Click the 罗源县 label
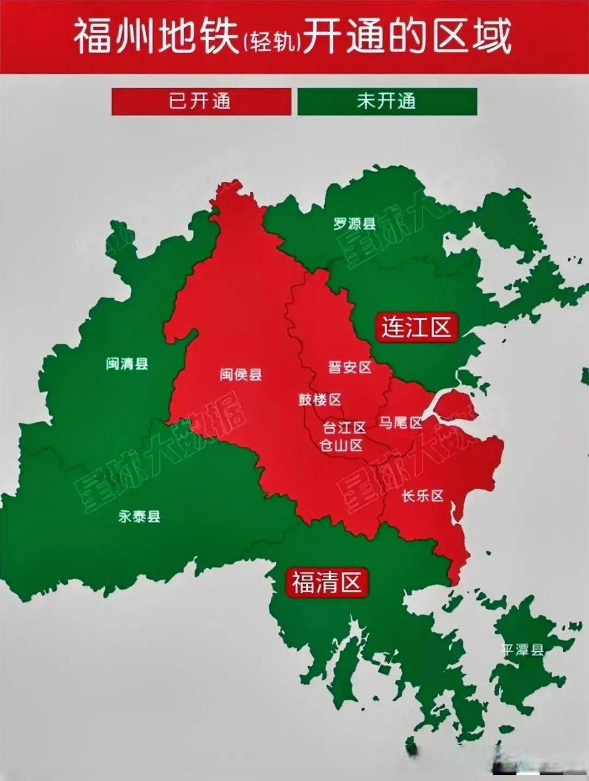point(354,223)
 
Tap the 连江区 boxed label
point(416,327)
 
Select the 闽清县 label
point(127,364)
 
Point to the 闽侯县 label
point(241,374)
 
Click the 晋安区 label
point(349,367)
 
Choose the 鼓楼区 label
point(319,400)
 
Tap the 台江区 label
point(344,426)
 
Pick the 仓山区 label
point(341,445)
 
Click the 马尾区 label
point(400,422)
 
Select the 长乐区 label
point(423,496)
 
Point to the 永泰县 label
point(139,517)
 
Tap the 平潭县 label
point(522,649)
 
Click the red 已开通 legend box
point(201,101)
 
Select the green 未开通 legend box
point(387,101)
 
